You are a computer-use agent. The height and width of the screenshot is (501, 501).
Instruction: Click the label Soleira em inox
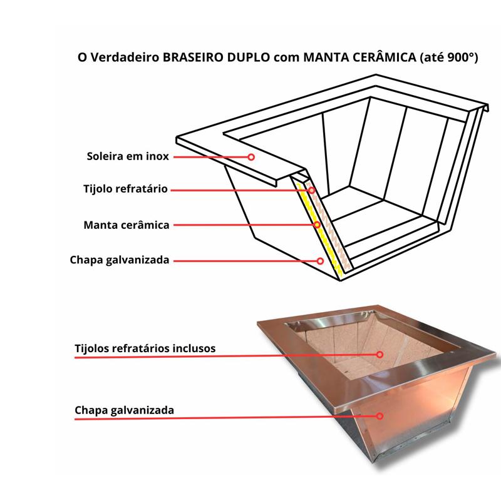tap(128, 156)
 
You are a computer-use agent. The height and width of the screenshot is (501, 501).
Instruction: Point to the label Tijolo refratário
tap(125, 188)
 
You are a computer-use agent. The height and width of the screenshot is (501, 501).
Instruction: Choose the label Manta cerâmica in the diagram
tap(127, 224)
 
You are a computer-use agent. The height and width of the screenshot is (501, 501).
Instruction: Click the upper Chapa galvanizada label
tap(120, 260)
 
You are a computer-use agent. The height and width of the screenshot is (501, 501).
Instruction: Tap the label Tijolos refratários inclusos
tap(145, 348)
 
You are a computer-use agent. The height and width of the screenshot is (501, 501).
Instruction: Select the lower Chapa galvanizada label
tap(124, 410)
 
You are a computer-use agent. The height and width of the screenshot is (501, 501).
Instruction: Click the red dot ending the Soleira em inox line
tap(251, 157)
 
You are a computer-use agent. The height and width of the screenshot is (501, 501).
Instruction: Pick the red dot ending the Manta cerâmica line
tap(317, 225)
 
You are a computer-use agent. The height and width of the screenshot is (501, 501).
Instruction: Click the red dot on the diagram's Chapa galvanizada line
tap(320, 260)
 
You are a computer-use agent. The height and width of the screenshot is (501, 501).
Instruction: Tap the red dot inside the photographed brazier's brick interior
tap(380, 354)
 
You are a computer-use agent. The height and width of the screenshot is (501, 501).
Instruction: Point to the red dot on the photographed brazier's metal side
tap(380, 416)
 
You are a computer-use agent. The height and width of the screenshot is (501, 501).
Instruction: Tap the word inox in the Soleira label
tap(157, 156)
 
